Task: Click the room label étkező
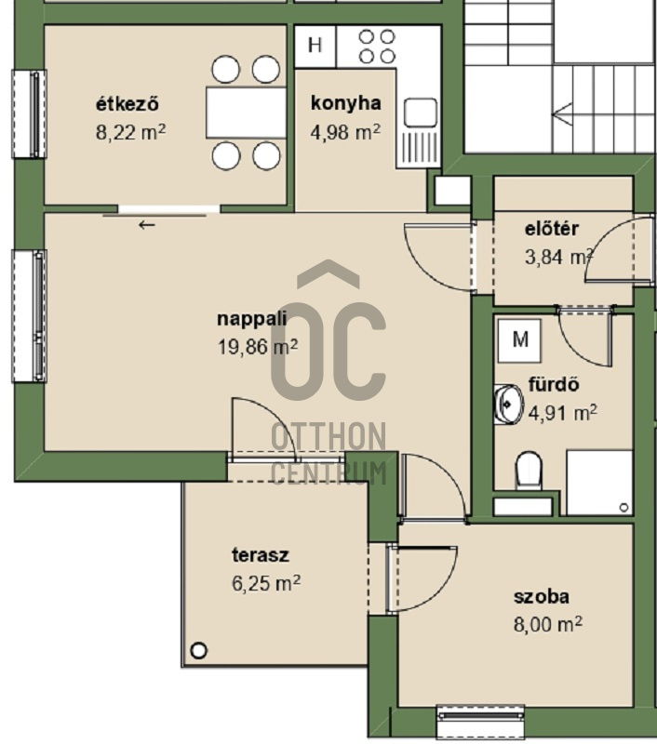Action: (127, 104)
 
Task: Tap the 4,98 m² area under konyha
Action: (345, 132)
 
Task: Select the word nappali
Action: (251, 318)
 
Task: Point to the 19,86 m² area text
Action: (257, 347)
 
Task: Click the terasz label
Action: (261, 554)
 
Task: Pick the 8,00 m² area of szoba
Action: (548, 624)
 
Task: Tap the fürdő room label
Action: (554, 384)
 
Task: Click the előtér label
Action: (552, 229)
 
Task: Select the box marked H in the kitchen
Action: (315, 46)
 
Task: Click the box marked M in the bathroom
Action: (520, 340)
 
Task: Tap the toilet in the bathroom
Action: (529, 471)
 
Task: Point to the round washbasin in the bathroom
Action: (508, 405)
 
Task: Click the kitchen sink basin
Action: (420, 113)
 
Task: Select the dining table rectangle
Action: (246, 113)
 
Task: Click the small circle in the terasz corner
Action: (198, 649)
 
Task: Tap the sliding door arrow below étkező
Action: (147, 225)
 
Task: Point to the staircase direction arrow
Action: (562, 114)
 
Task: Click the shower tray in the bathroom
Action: (599, 483)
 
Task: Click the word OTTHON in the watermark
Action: (328, 436)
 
